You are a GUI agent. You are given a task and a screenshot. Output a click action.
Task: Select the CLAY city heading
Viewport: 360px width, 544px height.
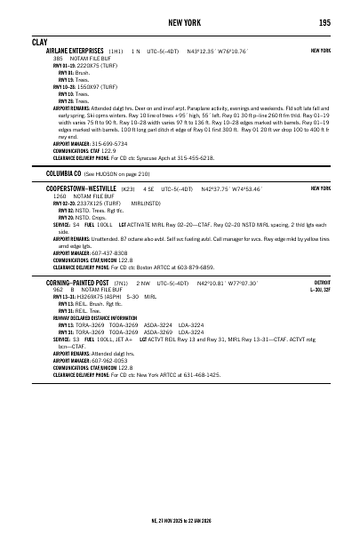pos(39,42)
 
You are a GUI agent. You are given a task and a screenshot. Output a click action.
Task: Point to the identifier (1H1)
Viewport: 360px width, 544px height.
pos(116,52)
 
